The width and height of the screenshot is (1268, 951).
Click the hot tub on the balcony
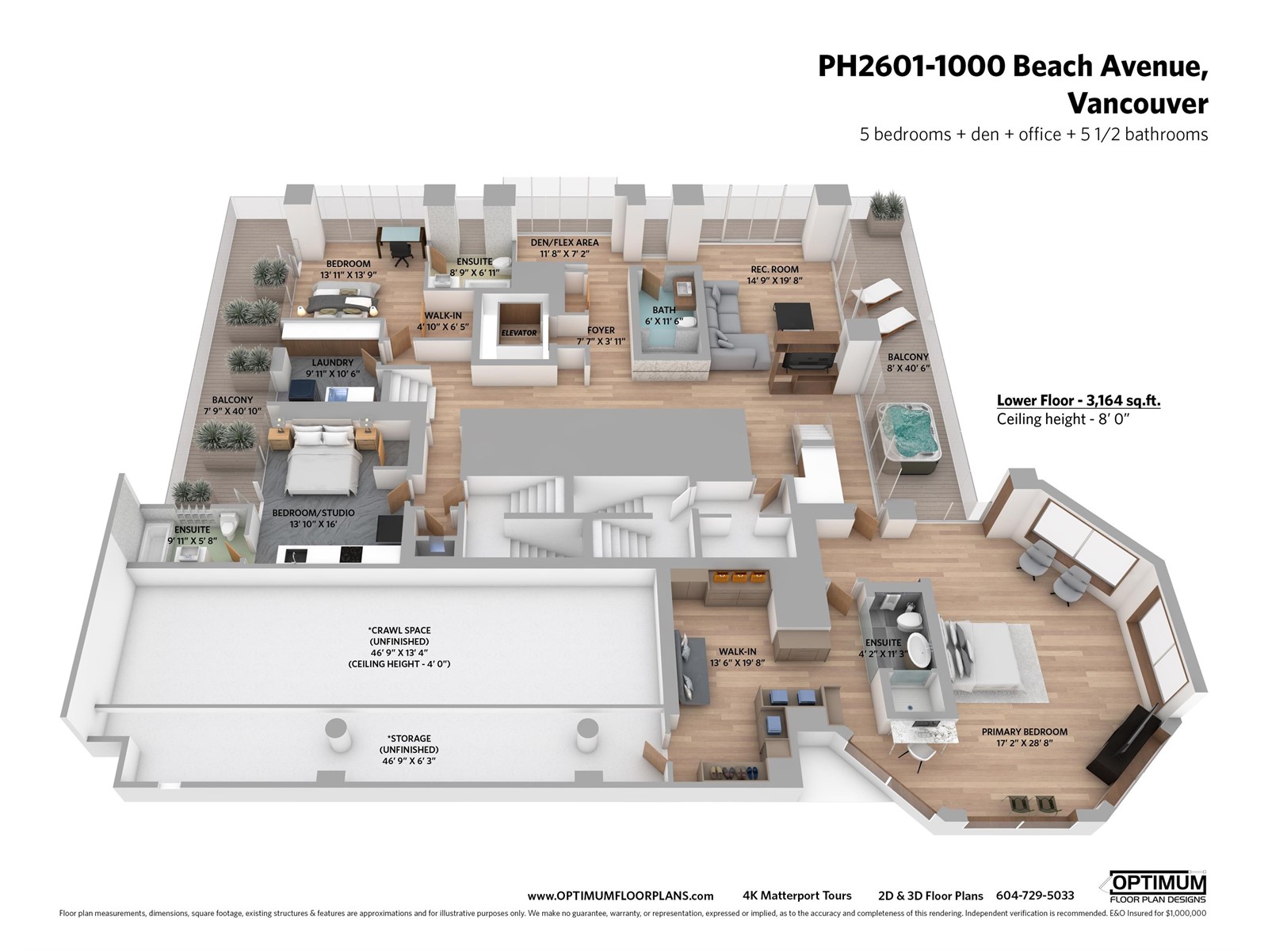[x=908, y=437]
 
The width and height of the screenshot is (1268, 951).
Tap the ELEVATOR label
[x=519, y=333]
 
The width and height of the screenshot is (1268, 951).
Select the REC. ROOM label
[x=774, y=269]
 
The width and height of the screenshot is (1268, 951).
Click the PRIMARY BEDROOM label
[x=1024, y=731]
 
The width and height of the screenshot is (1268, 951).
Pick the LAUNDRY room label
[x=332, y=363]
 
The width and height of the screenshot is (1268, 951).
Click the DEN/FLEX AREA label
[x=564, y=243]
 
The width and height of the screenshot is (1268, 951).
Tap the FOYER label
[x=601, y=330]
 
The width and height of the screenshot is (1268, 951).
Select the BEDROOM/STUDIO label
[x=313, y=513]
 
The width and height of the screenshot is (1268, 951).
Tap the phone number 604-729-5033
[x=1035, y=895]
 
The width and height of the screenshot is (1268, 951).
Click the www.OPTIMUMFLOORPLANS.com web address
[x=620, y=896]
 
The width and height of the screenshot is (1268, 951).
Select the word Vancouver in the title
[x=1137, y=104]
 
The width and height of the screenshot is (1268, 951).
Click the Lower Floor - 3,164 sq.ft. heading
[x=1079, y=401]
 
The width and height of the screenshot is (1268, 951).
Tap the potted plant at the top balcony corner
[x=885, y=212]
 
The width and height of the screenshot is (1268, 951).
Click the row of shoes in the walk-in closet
[x=733, y=771]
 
